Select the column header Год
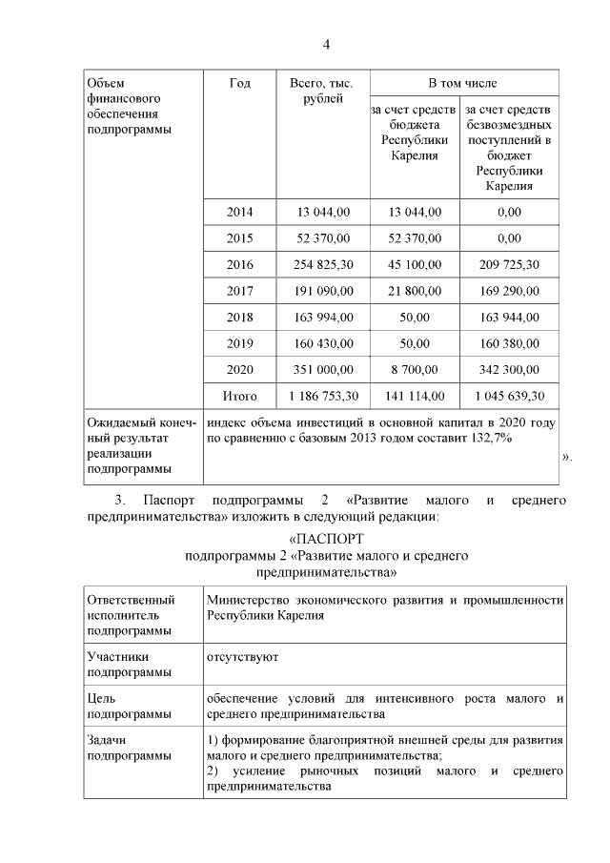(239, 84)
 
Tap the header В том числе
(462, 84)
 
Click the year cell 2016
(239, 264)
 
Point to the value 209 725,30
(509, 264)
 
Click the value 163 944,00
(509, 318)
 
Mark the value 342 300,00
(509, 369)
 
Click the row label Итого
(239, 396)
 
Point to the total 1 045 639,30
(509, 396)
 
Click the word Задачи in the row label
(106, 739)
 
